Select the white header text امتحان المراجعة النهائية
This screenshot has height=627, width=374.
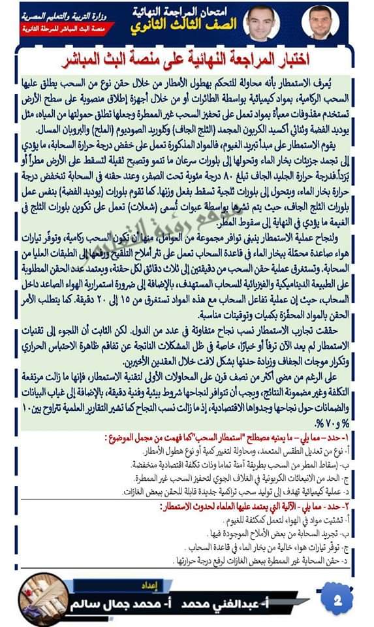tap(187, 11)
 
